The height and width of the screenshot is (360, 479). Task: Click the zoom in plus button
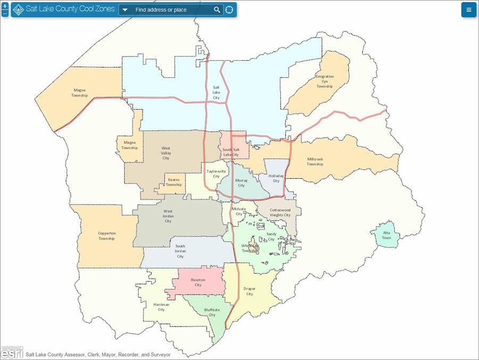pyautogui.click(x=5, y=6)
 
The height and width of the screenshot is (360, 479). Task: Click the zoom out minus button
pyautogui.click(x=5, y=13)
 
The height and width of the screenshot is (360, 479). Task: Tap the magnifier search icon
pyautogui.click(x=217, y=10)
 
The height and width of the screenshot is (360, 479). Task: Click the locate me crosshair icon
pyautogui.click(x=229, y=10)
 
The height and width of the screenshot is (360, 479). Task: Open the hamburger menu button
pyautogui.click(x=468, y=10)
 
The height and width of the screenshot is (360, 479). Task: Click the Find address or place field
pyautogui.click(x=168, y=10)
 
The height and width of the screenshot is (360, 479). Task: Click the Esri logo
pyautogui.click(x=12, y=352)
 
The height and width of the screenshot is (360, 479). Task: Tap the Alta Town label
pyautogui.click(x=386, y=235)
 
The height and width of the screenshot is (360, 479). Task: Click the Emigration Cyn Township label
pyautogui.click(x=324, y=81)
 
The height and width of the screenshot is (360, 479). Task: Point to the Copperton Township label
pyautogui.click(x=106, y=235)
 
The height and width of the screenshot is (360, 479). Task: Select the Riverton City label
pyautogui.click(x=197, y=282)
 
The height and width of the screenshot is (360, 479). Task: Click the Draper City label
pyautogui.click(x=249, y=291)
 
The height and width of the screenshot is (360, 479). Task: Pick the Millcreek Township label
pyautogui.click(x=315, y=161)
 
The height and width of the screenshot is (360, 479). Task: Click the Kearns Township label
pyautogui.click(x=174, y=182)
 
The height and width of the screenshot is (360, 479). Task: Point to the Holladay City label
pyautogui.click(x=276, y=178)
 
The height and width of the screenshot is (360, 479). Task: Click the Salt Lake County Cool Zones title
pyautogui.click(x=70, y=9)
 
